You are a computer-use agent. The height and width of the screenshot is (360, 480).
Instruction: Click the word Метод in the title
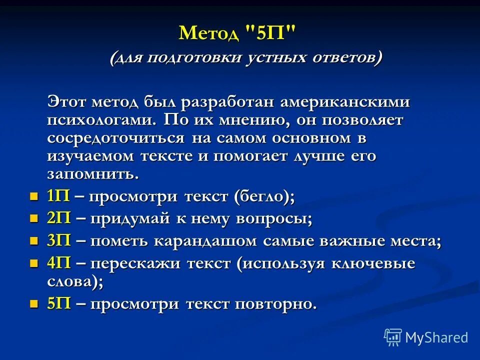click(209, 34)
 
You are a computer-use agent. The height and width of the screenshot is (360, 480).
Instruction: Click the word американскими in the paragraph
click(345, 102)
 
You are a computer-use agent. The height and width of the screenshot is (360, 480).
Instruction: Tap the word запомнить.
click(92, 174)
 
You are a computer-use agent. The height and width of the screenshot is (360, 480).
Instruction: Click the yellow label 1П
click(58, 196)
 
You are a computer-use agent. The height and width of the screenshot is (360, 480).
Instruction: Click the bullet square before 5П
click(34, 304)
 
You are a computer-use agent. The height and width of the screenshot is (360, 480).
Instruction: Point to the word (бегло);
click(264, 196)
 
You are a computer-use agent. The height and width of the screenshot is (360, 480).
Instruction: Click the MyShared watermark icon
click(393, 337)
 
